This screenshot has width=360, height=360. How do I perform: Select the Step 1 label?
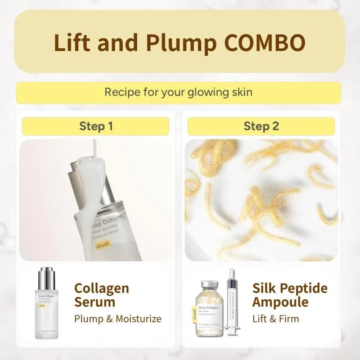96,126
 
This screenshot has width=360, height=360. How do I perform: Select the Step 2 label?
261,126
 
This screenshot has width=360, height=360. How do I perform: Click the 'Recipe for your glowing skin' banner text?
179,92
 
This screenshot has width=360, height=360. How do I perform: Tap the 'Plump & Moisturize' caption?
117,319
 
